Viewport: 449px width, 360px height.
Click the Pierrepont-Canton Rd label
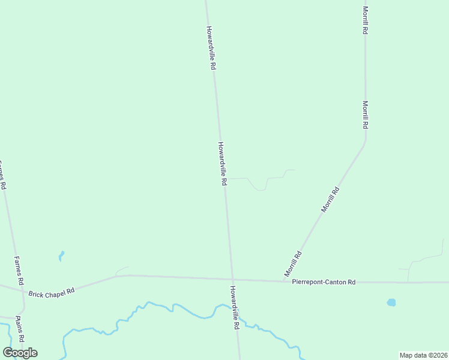point(324,282)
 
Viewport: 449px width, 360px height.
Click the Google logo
point(20,352)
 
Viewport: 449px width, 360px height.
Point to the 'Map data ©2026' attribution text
point(423,355)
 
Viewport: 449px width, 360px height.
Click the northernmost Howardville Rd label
point(210,49)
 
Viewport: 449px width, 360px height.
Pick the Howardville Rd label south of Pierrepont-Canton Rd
point(235,307)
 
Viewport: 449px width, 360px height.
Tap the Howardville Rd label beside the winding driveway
point(222,163)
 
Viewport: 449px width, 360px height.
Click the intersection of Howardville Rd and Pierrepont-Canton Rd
point(232,280)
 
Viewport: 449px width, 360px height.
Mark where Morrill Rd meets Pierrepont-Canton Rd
point(283,281)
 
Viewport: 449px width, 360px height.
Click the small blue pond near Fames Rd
point(61,256)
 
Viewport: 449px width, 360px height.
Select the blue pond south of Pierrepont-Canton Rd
point(391,302)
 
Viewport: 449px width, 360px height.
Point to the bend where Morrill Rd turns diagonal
point(365,142)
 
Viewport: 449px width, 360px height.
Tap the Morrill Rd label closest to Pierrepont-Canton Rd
point(293,263)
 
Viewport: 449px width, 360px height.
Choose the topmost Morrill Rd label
point(365,20)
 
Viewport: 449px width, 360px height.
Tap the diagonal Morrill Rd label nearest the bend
point(330,200)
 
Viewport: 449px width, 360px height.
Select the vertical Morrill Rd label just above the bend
point(365,114)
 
